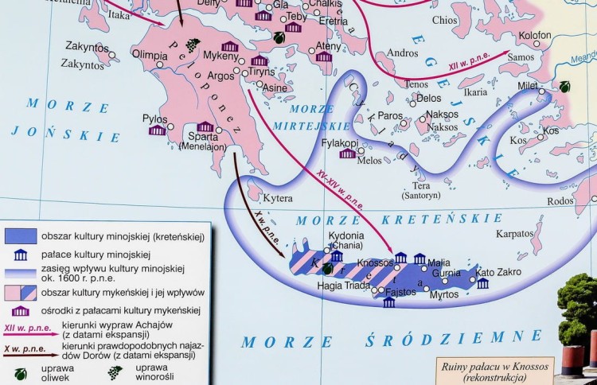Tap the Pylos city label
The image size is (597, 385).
154,119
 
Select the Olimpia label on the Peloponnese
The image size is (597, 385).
150,56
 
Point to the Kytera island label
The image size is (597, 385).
279,198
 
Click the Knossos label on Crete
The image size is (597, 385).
375,262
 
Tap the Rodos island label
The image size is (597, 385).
560,201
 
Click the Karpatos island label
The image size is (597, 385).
514,235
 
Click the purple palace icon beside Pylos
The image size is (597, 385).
157,130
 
